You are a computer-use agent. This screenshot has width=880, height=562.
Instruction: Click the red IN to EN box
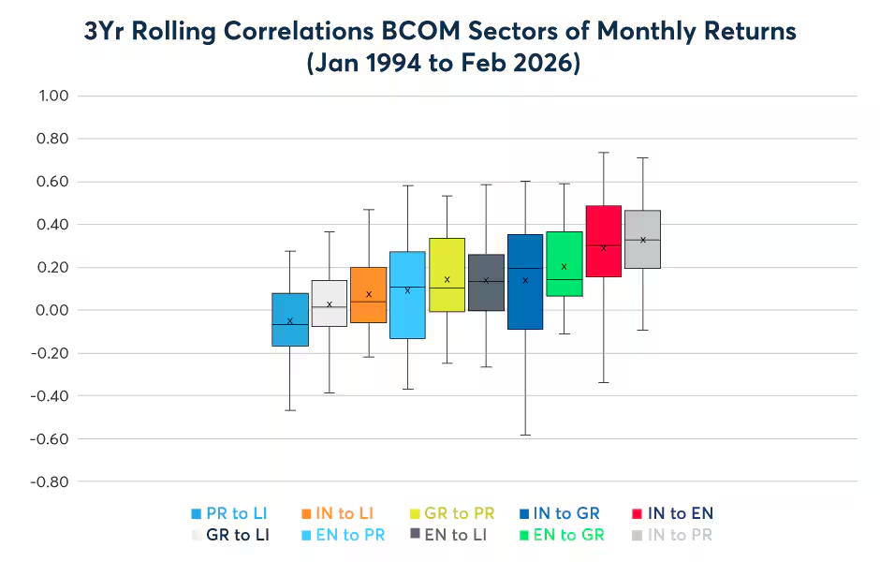pyautogui.click(x=604, y=241)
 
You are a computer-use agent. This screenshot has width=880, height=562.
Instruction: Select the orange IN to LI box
pyautogui.click(x=369, y=295)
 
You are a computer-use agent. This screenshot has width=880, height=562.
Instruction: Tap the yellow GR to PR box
pyautogui.click(x=447, y=274)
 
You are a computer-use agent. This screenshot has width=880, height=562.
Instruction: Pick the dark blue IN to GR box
pyautogui.click(x=525, y=281)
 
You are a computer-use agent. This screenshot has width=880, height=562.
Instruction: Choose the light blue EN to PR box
pyautogui.click(x=407, y=295)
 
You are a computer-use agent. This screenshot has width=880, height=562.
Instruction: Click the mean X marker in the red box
pyautogui.click(x=604, y=248)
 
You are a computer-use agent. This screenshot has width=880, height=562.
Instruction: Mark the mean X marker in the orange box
pyautogui.click(x=369, y=294)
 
